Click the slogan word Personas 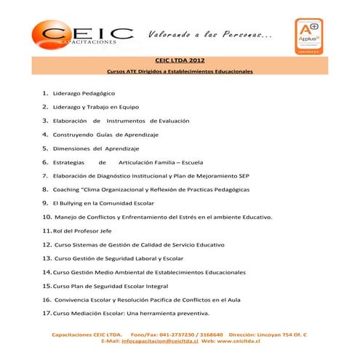pos(239,35)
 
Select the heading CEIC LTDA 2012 pos(180,60)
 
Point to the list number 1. pos(45,93)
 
